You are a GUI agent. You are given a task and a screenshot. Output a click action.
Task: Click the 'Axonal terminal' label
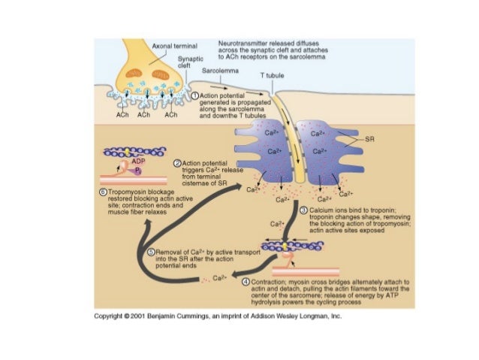(173, 47)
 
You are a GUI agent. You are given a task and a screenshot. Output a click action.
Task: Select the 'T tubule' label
(271, 77)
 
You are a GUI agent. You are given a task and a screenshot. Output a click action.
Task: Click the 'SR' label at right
(369, 140)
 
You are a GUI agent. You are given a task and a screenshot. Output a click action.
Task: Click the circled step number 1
(194, 97)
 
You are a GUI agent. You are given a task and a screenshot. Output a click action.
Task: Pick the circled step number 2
(177, 162)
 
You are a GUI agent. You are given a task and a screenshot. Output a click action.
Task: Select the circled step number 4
(246, 282)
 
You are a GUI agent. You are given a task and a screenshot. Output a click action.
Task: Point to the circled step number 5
(150, 252)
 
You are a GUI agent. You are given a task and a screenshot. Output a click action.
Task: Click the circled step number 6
(103, 192)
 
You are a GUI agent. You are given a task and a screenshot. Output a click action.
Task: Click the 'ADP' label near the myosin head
(138, 161)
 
